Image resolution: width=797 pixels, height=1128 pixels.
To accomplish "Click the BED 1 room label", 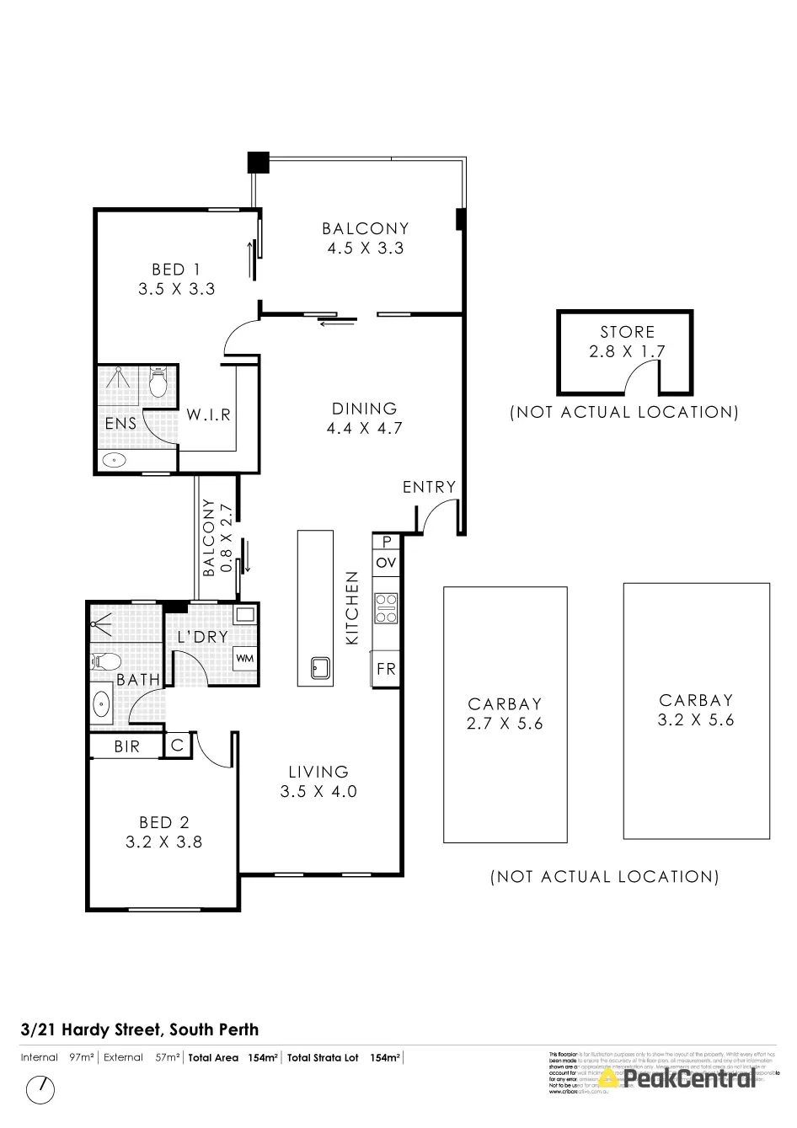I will (176, 270).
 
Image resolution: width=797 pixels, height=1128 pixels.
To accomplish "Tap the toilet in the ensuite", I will (158, 383).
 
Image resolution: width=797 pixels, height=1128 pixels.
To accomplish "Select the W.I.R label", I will (208, 415).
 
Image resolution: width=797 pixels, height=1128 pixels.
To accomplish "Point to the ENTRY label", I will (429, 487).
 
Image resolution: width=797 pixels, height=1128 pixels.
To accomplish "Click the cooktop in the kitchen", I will (387, 608).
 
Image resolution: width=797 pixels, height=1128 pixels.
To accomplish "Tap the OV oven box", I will (386, 562).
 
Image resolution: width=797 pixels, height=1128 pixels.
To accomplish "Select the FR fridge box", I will (386, 671).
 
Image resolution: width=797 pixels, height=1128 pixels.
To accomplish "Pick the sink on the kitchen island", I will (320, 669).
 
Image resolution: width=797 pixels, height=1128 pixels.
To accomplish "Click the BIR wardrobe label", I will (127, 746).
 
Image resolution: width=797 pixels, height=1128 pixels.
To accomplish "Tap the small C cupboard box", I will (178, 746).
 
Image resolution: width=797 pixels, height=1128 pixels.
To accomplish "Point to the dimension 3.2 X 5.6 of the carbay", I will (696, 720).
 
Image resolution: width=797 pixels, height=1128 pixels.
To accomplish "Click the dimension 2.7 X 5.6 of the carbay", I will (505, 724).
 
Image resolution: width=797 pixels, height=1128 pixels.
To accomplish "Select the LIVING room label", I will (318, 772).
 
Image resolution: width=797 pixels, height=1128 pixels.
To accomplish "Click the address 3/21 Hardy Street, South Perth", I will (140, 1029).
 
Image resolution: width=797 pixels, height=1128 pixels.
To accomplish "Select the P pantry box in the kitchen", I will (387, 542).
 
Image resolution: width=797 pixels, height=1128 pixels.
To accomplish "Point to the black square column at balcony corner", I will (257, 161).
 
